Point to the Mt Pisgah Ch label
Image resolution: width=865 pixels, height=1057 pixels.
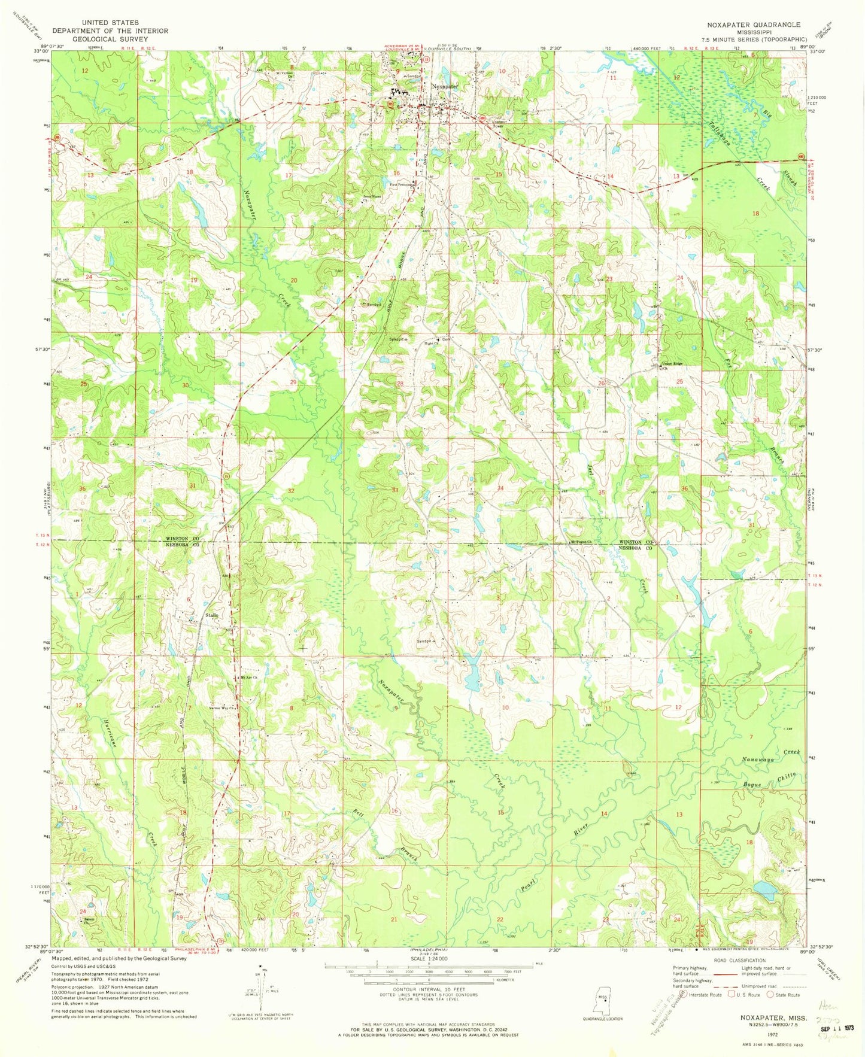tap(580, 542)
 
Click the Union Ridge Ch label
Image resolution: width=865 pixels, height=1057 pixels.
tap(672, 366)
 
